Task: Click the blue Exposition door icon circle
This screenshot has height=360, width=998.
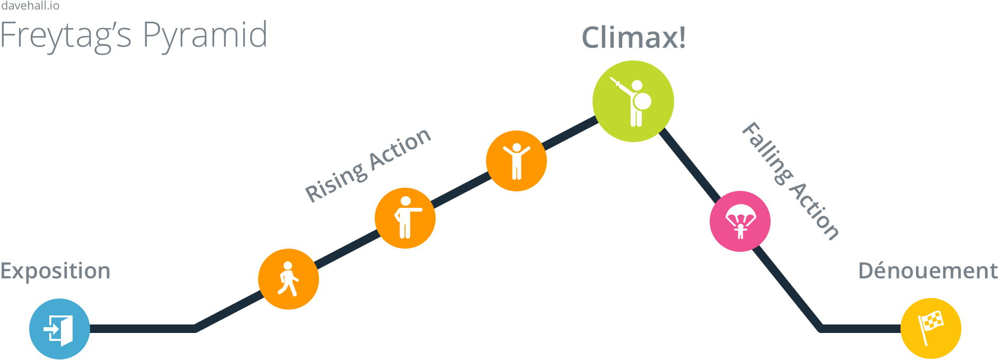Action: (59, 329)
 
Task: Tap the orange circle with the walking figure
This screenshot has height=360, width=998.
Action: (288, 279)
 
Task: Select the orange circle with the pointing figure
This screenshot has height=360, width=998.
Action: (405, 218)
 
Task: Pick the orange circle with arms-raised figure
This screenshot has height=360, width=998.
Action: (516, 161)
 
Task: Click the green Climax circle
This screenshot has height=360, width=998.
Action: (633, 101)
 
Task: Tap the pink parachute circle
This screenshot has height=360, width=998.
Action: (740, 221)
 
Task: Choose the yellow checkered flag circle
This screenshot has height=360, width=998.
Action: (931, 328)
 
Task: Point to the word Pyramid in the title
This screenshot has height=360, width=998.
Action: (205, 36)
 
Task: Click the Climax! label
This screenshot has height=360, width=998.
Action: (633, 38)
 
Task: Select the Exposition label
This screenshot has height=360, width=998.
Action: (55, 271)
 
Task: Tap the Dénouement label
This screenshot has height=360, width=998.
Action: (928, 271)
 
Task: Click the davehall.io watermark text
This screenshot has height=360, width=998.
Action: (30, 6)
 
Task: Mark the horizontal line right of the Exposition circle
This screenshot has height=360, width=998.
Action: (143, 329)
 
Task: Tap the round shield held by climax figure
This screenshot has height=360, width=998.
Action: (642, 101)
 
